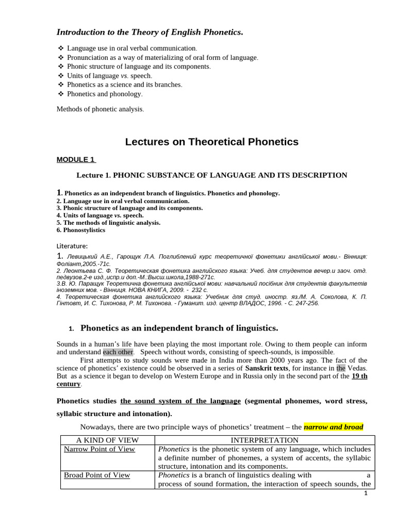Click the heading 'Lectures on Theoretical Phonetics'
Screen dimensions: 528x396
211,142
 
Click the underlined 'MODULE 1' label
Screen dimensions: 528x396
76,159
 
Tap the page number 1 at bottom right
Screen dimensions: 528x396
366,493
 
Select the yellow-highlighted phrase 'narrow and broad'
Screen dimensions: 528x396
334,427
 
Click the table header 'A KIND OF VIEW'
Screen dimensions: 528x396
107,440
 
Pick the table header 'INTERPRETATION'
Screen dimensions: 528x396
264,440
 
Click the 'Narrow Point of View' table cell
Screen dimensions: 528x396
99,449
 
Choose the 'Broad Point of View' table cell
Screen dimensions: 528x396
97,475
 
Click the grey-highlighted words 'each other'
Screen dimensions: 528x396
118,352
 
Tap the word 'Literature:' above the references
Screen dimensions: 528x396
72,245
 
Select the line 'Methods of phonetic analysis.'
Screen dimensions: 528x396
101,109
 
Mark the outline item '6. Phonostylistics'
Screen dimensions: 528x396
81,230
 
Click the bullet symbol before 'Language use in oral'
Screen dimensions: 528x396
61,48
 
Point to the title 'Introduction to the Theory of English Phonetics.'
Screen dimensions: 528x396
150,32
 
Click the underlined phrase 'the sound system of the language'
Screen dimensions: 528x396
180,401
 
